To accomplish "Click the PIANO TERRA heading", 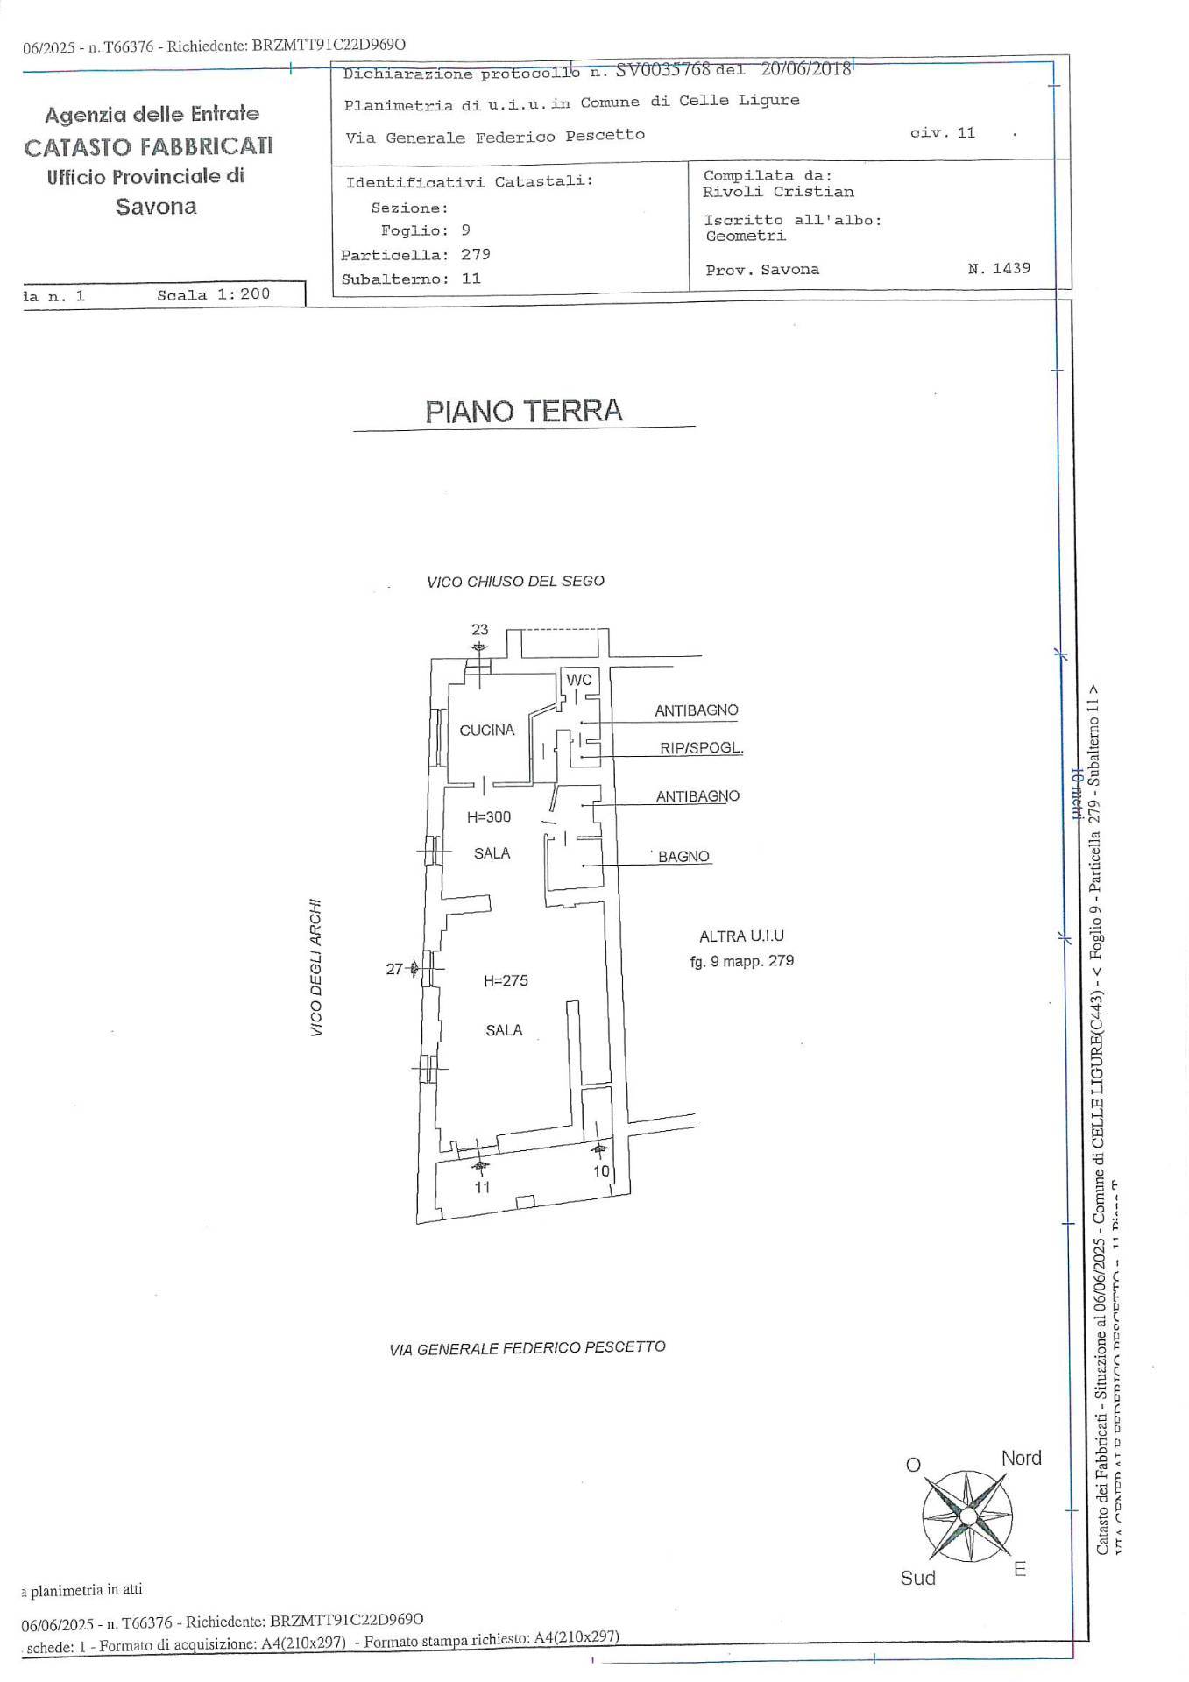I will pos(523,411).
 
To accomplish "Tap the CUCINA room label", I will pos(486,730).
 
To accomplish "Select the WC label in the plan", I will pos(578,680).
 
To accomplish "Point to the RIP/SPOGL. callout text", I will pos(701,748).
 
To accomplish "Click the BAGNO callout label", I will pos(683,857).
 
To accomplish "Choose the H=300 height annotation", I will pos(488,817).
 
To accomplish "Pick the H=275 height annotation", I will pos(506,981).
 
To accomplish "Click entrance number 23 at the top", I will pos(479,629).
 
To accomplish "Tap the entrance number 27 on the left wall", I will pos(394,969).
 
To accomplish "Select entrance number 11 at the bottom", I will pos(482,1187).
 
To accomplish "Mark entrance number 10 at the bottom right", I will pos(601,1170).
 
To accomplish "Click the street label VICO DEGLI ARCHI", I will pos(316,967).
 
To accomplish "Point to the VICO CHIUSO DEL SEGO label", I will pos(515,582).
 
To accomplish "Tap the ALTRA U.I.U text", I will pos(741,936).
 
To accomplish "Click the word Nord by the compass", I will pos(1021,1458).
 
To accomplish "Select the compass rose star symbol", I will pos(967,1516).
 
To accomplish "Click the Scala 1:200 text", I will pos(213,294).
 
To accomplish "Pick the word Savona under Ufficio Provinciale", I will pos(156,207).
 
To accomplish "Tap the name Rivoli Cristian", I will pos(778,192).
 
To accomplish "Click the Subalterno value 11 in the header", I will pos(471,279).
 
